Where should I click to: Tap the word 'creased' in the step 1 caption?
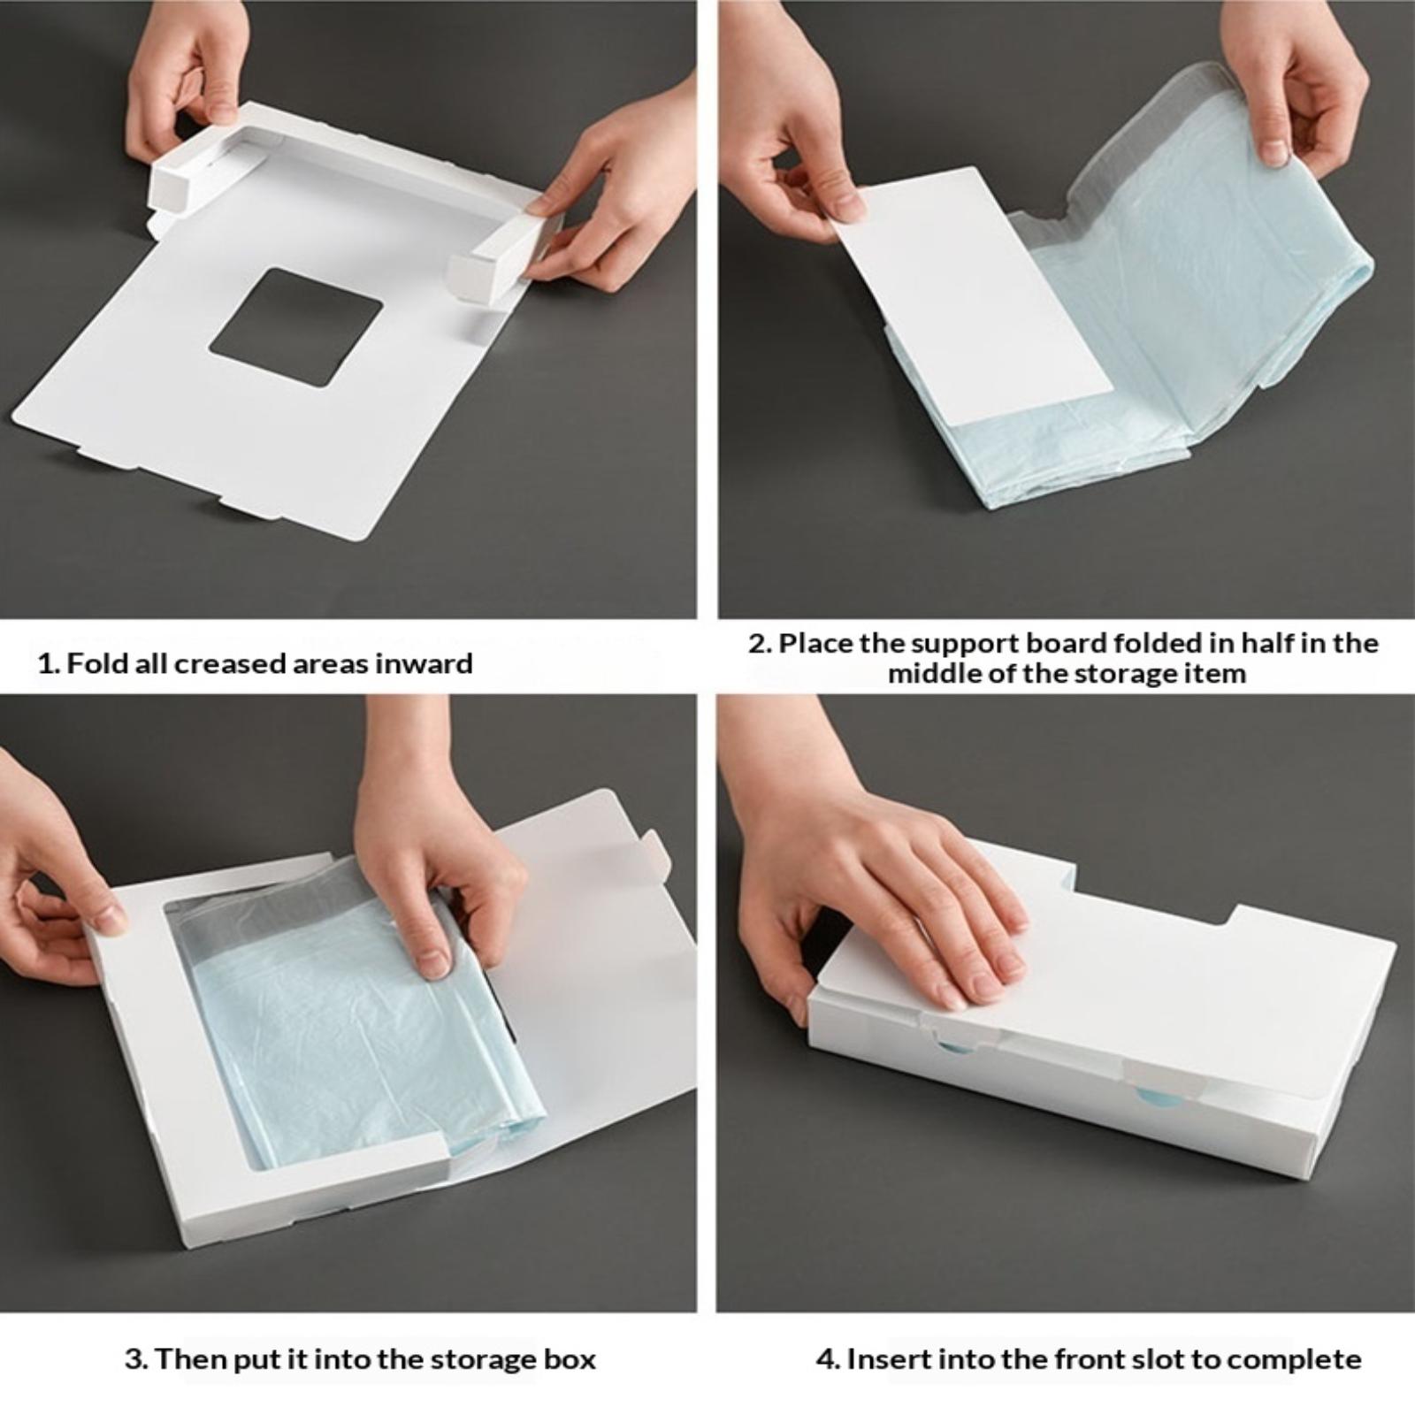tap(227, 663)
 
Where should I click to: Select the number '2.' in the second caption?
tap(760, 643)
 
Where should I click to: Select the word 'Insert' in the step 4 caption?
tap(887, 1358)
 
